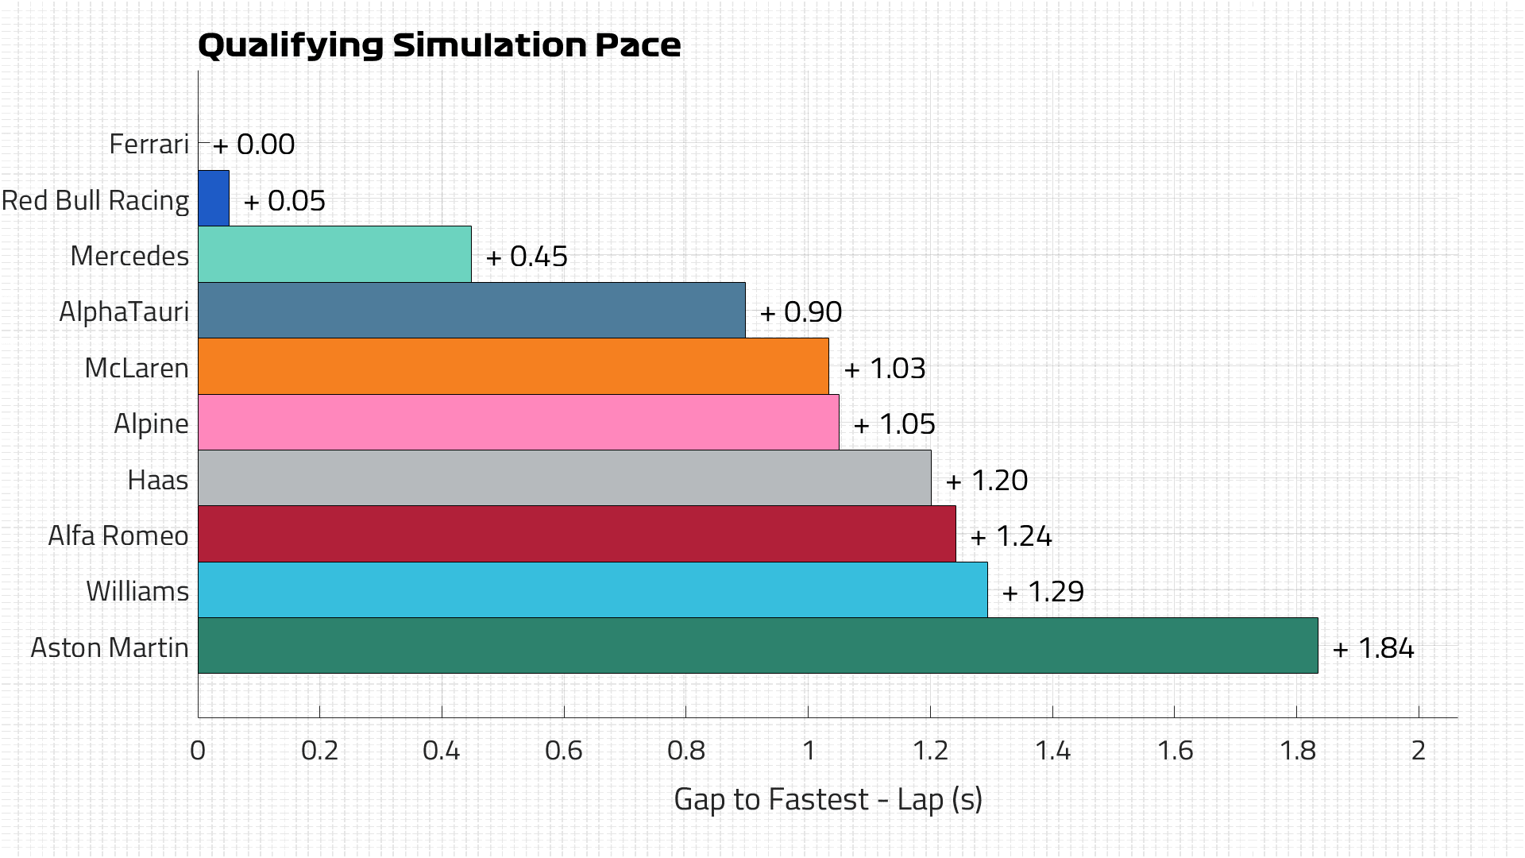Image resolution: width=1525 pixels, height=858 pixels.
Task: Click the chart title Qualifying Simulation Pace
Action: point(439,45)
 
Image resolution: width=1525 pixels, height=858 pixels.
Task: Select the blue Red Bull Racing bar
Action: point(214,199)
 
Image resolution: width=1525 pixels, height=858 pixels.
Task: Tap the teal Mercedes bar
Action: point(334,254)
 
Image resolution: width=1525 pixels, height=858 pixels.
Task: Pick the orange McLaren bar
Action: point(513,366)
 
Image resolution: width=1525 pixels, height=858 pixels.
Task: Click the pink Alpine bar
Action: point(518,423)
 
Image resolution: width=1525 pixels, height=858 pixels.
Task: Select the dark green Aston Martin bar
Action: point(758,646)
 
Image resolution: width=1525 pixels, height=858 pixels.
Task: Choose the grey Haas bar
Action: point(564,478)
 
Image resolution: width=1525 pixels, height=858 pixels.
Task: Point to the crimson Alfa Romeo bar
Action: point(577,534)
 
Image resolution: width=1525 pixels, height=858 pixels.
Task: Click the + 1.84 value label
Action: point(1373,648)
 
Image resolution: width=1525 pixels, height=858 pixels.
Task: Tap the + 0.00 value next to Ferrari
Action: point(254,145)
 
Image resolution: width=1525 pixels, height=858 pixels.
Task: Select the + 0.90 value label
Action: point(801,312)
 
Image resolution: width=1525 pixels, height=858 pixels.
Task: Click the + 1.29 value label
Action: point(1043,592)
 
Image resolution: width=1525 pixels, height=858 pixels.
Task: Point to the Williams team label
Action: point(137,591)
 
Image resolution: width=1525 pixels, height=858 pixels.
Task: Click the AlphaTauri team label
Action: point(124,311)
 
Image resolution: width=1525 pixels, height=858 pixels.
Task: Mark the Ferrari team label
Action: point(149,144)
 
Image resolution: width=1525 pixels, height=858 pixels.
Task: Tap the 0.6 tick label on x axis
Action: point(563,751)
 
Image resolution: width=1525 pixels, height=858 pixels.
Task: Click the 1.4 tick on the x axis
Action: point(1052,751)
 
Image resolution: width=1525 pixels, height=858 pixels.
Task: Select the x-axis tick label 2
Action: point(1419,751)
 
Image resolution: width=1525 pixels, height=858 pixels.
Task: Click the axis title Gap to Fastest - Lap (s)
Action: point(828,799)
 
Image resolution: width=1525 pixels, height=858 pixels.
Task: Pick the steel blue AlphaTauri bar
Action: point(471,311)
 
